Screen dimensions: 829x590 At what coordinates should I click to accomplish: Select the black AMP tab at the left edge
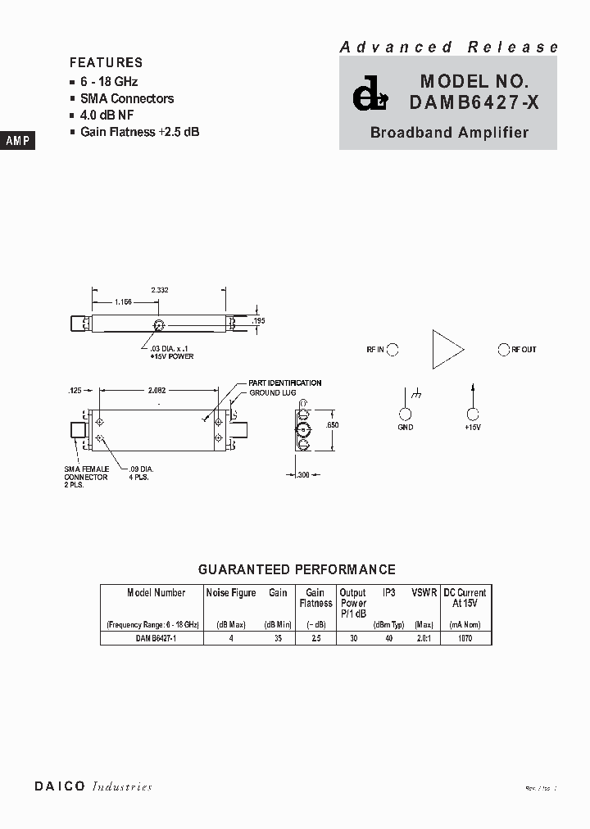pyautogui.click(x=17, y=141)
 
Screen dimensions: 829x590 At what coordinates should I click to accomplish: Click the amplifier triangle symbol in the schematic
pyautogui.click(x=447, y=350)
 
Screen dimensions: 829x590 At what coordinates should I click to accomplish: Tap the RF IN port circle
pyautogui.click(x=393, y=350)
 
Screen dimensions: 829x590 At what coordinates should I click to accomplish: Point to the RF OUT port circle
pyautogui.click(x=504, y=350)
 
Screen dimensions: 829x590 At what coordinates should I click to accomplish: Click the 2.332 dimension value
pyautogui.click(x=161, y=290)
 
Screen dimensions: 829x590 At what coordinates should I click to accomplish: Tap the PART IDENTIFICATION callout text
pyautogui.click(x=284, y=383)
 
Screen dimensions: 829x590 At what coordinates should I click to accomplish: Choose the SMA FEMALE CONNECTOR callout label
pyautogui.click(x=86, y=472)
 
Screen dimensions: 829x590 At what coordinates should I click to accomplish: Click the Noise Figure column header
pyautogui.click(x=230, y=592)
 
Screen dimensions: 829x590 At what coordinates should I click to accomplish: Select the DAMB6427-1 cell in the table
pyautogui.click(x=152, y=637)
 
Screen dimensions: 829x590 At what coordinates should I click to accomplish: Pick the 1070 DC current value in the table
pyautogui.click(x=465, y=637)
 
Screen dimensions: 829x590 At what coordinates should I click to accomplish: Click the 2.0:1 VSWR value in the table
pyautogui.click(x=423, y=637)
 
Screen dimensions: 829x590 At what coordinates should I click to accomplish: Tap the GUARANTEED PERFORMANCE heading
pyautogui.click(x=297, y=569)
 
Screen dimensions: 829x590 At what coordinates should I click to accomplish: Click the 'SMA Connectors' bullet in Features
pyautogui.click(x=126, y=98)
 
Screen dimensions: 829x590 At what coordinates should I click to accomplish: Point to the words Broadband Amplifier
pyautogui.click(x=449, y=132)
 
